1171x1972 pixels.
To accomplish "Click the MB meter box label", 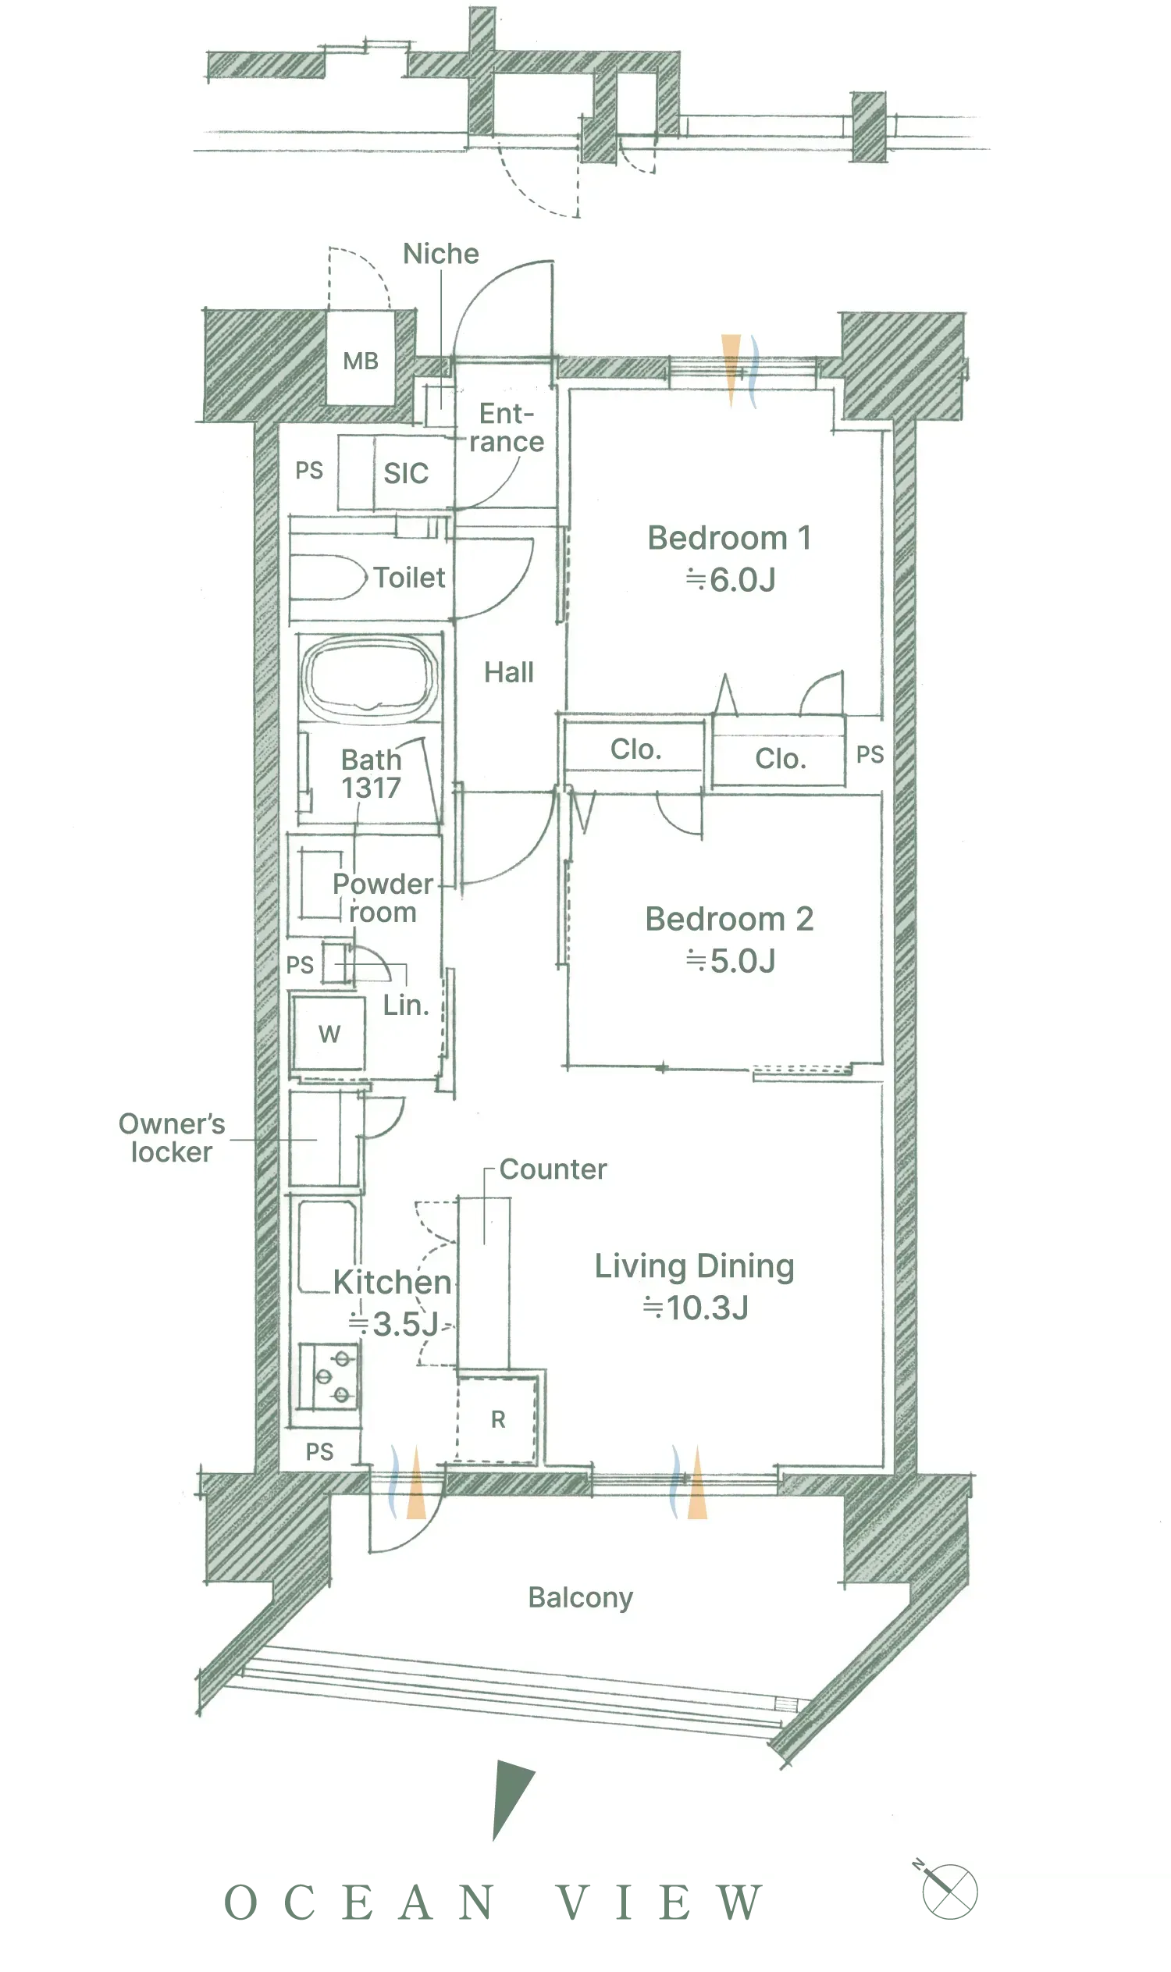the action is pyautogui.click(x=361, y=361).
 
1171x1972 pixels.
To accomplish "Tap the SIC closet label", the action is pyautogui.click(x=406, y=473).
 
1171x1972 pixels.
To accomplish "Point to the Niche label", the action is pyautogui.click(x=441, y=253).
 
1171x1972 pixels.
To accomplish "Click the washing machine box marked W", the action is pyautogui.click(x=329, y=1034).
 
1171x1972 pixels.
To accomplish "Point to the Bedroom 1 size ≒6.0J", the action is pyautogui.click(x=731, y=580).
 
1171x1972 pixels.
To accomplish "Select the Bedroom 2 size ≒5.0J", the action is pyautogui.click(x=731, y=961).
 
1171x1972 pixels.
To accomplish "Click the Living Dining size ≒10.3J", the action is pyautogui.click(x=695, y=1308).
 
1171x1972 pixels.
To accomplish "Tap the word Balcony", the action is pyautogui.click(x=581, y=1598).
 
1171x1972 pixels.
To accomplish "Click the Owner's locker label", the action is pyautogui.click(x=172, y=1138).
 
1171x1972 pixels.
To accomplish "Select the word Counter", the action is pyautogui.click(x=553, y=1169).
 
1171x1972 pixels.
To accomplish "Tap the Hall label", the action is pyautogui.click(x=509, y=672).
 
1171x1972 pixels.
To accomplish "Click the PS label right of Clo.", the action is pyautogui.click(x=870, y=754).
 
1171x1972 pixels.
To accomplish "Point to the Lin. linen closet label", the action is pyautogui.click(x=407, y=1006).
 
